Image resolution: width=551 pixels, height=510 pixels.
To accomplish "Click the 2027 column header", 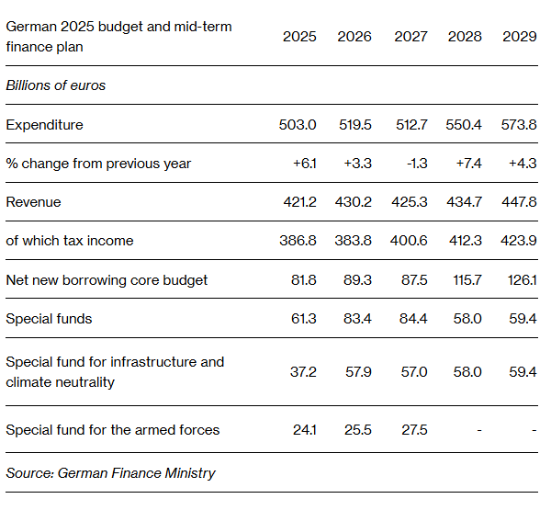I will click(410, 37).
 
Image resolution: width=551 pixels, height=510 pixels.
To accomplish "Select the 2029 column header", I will click(520, 37).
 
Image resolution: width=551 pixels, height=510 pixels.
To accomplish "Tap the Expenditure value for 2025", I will click(299, 125).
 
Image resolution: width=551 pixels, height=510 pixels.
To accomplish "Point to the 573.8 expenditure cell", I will click(520, 125).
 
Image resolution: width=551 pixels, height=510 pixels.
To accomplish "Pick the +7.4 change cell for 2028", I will click(467, 164).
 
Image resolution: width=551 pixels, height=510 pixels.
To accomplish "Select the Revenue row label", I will click(33, 202).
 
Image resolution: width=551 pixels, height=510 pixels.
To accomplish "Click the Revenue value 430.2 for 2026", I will click(354, 202).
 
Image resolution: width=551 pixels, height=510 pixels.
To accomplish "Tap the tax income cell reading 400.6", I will click(410, 241).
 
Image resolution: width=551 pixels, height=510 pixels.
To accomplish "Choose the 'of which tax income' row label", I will click(70, 241).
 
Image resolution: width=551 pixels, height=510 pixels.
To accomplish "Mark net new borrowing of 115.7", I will click(466, 279).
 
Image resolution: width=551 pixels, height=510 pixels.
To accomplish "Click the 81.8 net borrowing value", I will click(302, 279).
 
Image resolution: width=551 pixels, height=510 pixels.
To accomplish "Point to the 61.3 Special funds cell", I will click(302, 319).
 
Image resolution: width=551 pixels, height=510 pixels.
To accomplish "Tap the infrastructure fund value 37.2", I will click(302, 371).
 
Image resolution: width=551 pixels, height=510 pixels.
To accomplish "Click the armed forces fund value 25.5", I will click(357, 430).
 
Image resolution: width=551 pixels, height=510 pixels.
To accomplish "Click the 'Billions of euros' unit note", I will click(56, 85).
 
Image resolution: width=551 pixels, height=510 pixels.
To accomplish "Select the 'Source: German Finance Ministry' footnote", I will click(111, 473).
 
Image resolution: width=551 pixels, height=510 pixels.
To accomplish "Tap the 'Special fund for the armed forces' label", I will click(113, 430).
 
